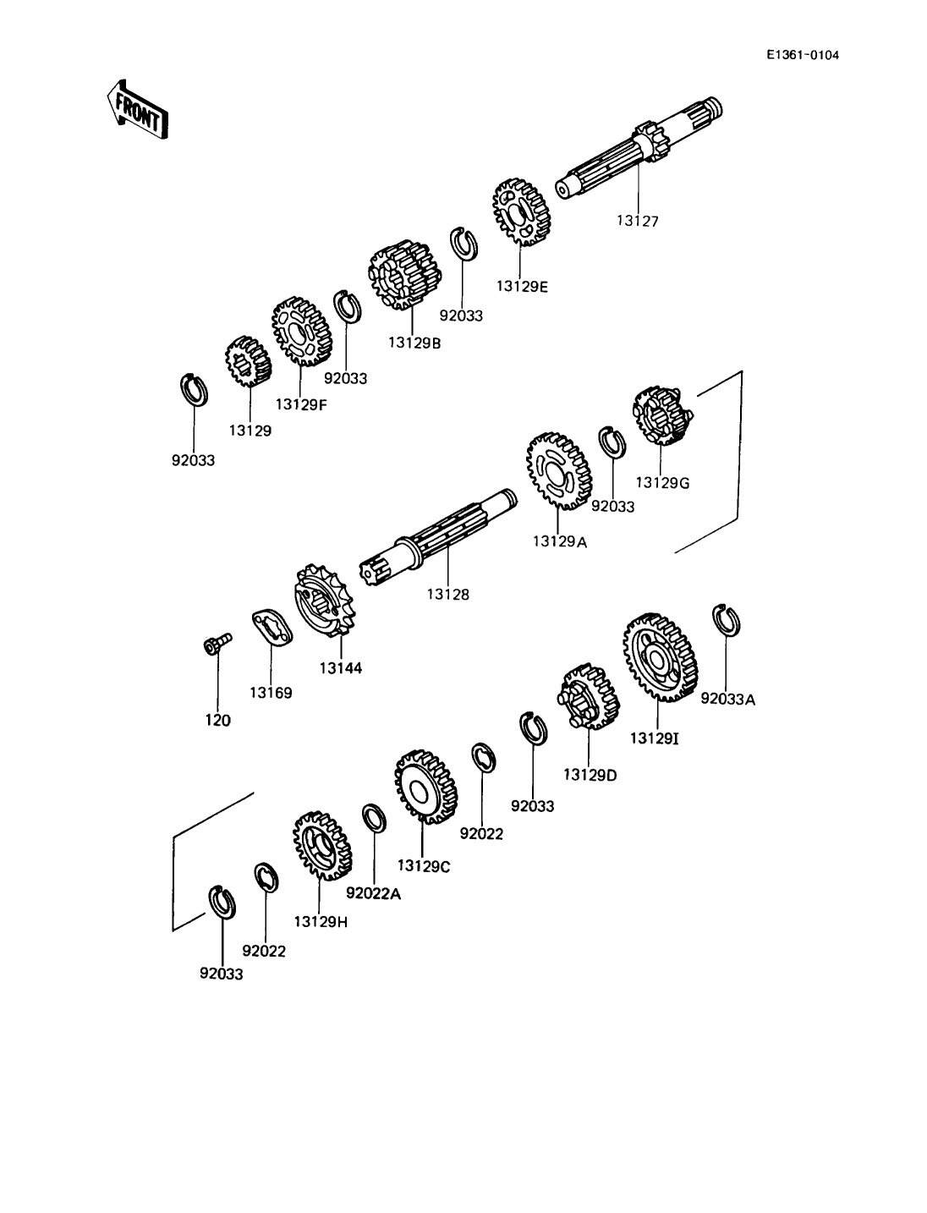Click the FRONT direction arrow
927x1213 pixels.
[x=137, y=109]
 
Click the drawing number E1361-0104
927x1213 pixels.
[x=802, y=55]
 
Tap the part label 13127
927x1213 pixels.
[x=638, y=221]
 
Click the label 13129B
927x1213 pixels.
[x=414, y=343]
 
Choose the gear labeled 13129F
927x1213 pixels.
[x=302, y=332]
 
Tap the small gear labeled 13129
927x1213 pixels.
[x=249, y=361]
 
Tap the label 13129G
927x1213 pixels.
[x=662, y=482]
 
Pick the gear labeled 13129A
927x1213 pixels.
[x=558, y=471]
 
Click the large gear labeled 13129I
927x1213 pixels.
[x=660, y=657]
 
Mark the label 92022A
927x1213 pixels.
[x=374, y=893]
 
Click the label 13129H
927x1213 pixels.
[x=321, y=922]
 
